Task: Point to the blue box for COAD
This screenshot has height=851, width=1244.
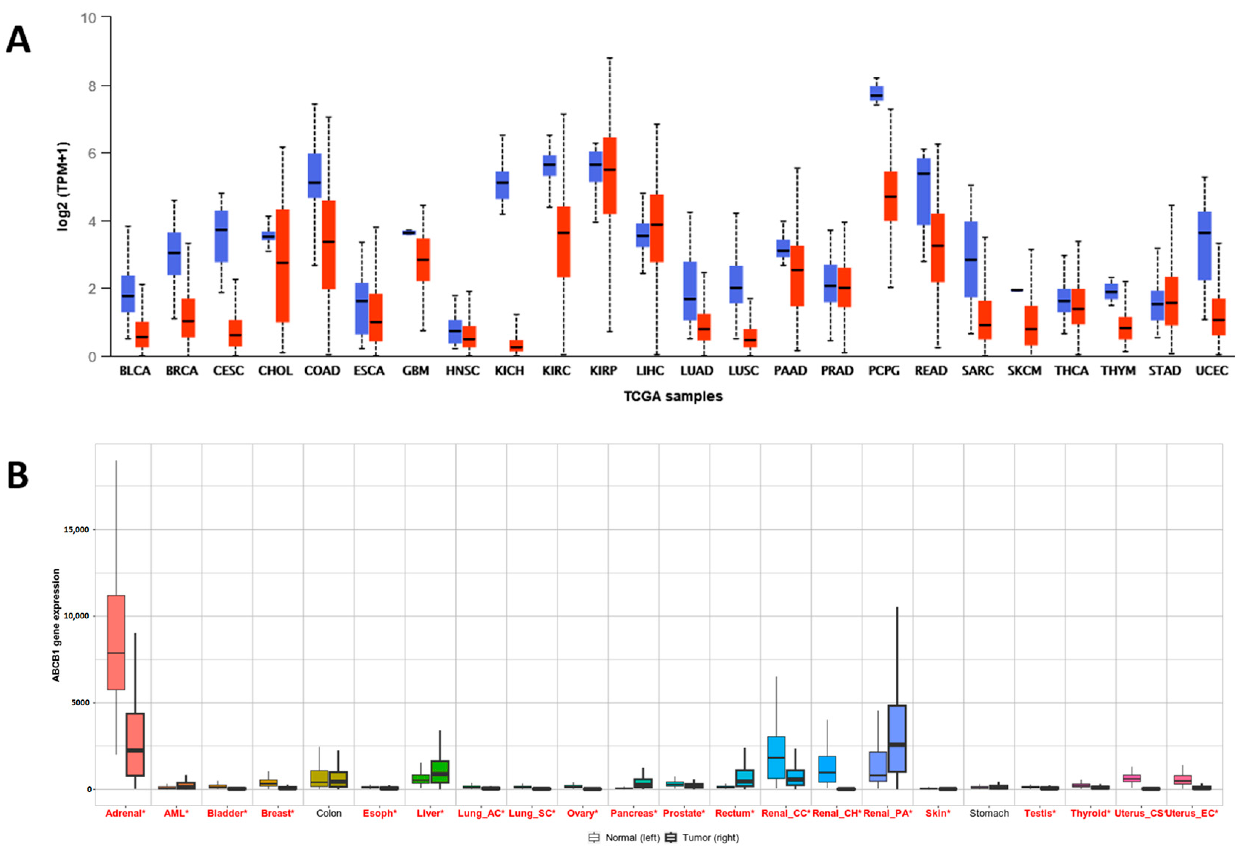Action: point(315,176)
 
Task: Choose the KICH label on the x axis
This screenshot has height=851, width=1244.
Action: point(509,371)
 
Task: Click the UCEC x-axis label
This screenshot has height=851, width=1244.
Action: point(1211,371)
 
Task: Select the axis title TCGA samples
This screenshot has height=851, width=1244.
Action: point(673,396)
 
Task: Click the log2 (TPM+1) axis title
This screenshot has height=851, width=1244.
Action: point(63,186)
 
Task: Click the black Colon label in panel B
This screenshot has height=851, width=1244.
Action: point(329,813)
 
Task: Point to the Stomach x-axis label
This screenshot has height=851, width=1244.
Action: point(989,813)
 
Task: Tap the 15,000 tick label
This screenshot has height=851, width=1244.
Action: point(76,530)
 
